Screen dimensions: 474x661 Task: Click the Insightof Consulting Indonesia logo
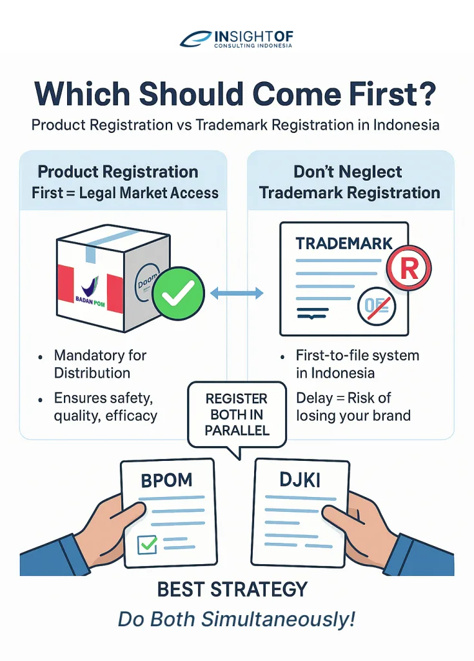pyautogui.click(x=237, y=39)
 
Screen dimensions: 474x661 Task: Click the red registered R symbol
pyautogui.click(x=409, y=268)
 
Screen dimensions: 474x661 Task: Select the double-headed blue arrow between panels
pyautogui.click(x=237, y=293)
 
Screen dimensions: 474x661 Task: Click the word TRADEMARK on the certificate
pyautogui.click(x=344, y=243)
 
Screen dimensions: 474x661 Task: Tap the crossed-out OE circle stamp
pyautogui.click(x=377, y=306)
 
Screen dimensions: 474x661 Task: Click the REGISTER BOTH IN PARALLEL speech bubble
pyautogui.click(x=237, y=415)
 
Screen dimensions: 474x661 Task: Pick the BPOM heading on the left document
pyautogui.click(x=166, y=480)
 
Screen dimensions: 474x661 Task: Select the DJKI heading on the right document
pyautogui.click(x=300, y=480)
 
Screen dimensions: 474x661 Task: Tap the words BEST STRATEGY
pyautogui.click(x=233, y=589)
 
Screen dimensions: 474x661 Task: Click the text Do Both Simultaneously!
pyautogui.click(x=237, y=619)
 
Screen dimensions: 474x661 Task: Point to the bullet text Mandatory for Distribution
pyautogui.click(x=100, y=364)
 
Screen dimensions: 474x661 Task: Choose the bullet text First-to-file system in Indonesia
pyautogui.click(x=357, y=364)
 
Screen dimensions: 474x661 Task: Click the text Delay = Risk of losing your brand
pyautogui.click(x=353, y=407)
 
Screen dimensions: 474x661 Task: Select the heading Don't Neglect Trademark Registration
pyautogui.click(x=350, y=182)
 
